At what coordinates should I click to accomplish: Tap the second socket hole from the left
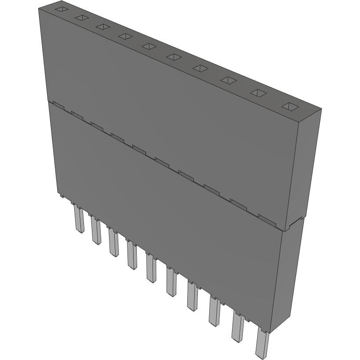point(82,18)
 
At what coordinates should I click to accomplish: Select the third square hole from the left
point(103,27)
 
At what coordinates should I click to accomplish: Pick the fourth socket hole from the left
point(125,36)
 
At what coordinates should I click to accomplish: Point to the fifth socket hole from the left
point(149,46)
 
